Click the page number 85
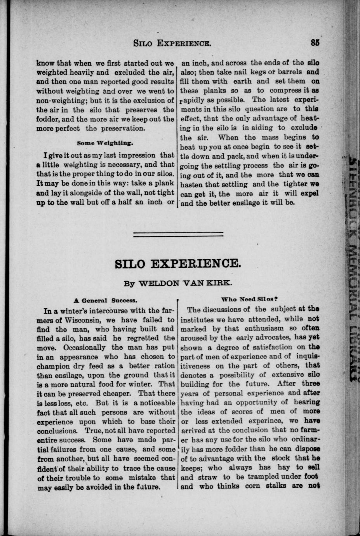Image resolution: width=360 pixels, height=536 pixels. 315,43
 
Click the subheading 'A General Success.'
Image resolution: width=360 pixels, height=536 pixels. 105,300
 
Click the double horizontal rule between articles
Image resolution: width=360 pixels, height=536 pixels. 178,234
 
